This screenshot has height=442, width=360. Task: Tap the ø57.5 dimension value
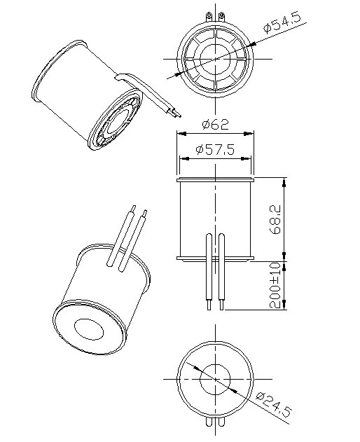click(x=215, y=150)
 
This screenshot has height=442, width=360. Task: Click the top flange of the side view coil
click(x=215, y=180)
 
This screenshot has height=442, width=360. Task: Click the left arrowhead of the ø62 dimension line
click(x=179, y=133)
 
